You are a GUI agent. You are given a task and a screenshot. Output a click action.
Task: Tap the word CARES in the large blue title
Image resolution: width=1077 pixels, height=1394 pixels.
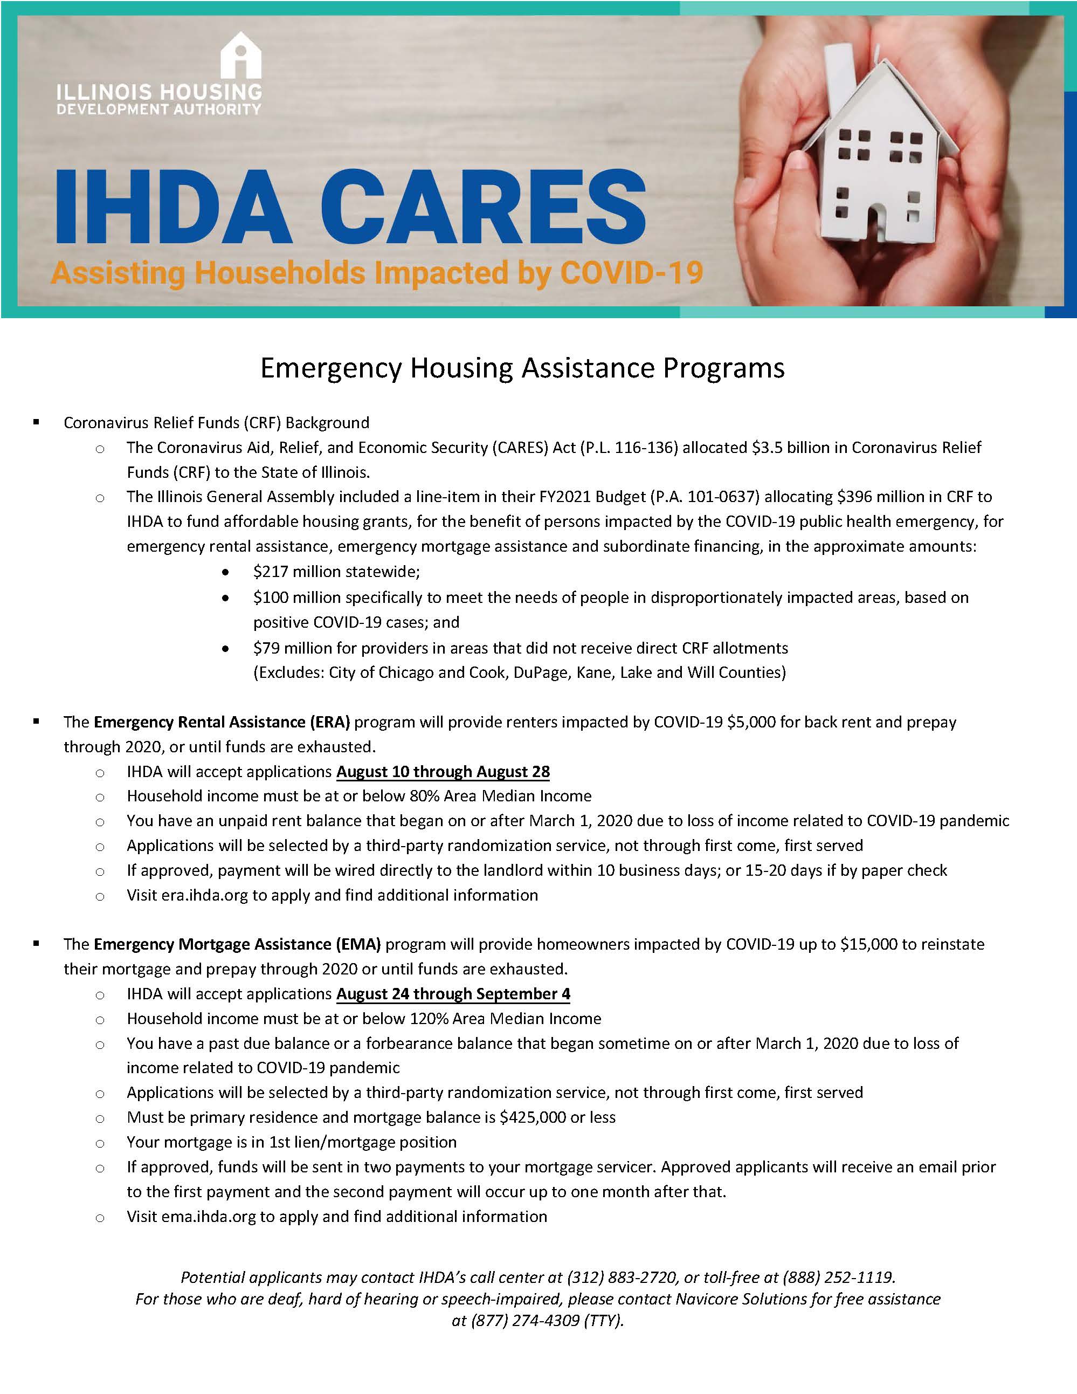click(483, 205)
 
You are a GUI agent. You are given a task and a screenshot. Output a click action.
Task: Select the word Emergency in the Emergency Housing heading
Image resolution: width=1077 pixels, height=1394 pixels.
click(331, 369)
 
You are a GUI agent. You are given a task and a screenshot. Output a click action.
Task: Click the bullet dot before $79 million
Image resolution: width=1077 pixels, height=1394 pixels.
click(225, 649)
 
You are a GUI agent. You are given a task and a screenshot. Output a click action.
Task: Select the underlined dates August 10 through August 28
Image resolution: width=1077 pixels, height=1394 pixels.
click(443, 772)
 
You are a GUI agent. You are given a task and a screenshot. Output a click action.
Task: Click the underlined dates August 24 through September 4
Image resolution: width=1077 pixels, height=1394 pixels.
click(453, 994)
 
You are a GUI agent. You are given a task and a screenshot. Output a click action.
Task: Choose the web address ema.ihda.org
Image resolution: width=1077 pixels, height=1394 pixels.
click(208, 1217)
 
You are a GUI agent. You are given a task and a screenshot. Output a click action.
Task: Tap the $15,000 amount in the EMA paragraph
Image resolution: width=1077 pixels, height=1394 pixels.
click(868, 944)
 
